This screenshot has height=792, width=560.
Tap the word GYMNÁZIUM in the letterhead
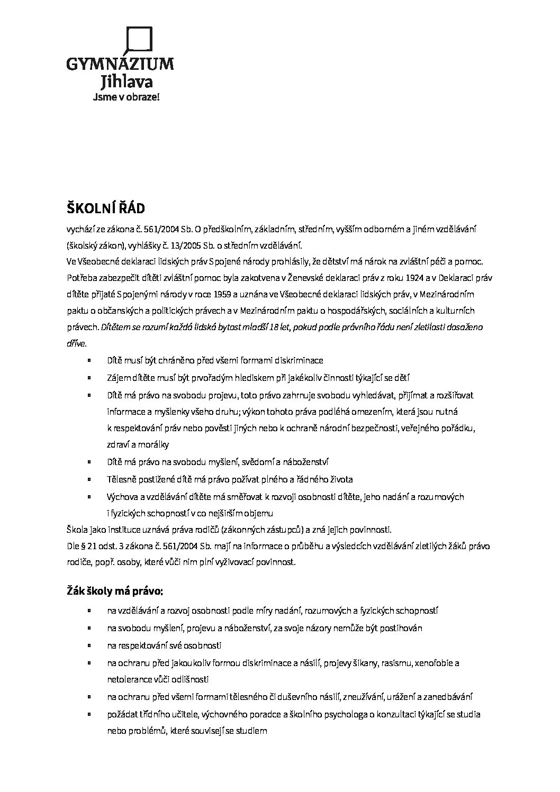(x=120, y=65)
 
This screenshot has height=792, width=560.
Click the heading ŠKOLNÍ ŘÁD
(x=105, y=208)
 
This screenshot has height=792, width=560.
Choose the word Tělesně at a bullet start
(x=121, y=479)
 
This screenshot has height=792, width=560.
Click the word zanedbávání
(x=446, y=697)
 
